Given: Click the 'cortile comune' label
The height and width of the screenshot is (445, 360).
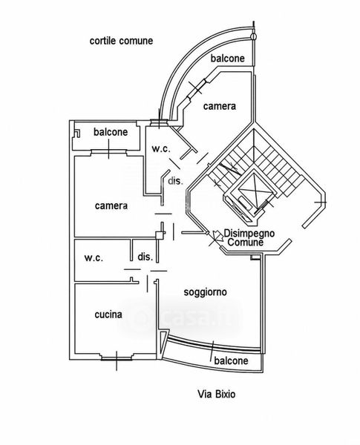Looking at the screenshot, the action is click(121, 41).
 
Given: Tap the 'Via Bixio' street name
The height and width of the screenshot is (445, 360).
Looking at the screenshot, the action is click(217, 395).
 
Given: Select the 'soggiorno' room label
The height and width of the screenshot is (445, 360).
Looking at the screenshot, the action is click(205, 292).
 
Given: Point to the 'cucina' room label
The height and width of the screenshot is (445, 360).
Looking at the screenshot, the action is click(108, 314).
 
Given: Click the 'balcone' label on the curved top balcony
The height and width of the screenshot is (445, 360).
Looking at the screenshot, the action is click(228, 58).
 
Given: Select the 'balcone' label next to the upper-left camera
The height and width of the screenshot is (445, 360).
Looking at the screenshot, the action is click(111, 132).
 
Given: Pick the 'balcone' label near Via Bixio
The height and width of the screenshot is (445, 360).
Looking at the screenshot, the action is click(232, 360).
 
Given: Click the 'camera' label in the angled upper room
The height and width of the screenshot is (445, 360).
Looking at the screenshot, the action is click(220, 106).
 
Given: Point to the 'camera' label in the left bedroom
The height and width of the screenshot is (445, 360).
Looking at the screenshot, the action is click(111, 205).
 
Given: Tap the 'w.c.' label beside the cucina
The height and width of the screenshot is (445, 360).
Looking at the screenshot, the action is click(94, 258).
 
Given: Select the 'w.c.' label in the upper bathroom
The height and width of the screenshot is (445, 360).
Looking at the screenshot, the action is click(161, 148).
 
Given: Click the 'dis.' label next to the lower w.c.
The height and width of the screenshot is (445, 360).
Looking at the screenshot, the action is click(145, 257).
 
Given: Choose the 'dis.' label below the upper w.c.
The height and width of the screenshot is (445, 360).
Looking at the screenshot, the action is click(175, 181).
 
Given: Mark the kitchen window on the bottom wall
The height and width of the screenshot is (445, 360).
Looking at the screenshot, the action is click(117, 359).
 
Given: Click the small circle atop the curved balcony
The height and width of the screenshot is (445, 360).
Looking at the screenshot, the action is click(254, 36).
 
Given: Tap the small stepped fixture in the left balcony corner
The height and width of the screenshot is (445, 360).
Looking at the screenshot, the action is click(77, 133).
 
